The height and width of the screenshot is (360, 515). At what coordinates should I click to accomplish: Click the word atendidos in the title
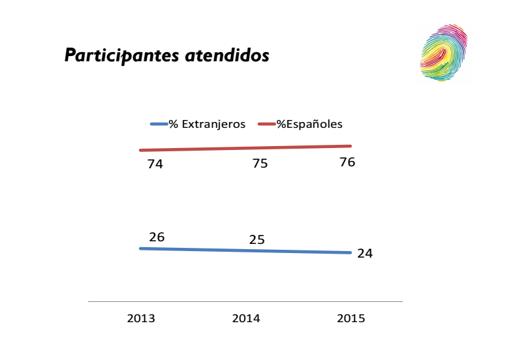pyautogui.click(x=227, y=56)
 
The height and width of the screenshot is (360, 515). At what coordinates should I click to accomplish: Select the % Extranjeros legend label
pyautogui.click(x=207, y=124)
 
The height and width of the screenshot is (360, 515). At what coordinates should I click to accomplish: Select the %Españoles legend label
pyautogui.click(x=309, y=124)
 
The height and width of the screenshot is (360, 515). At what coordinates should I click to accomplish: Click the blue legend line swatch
pyautogui.click(x=159, y=124)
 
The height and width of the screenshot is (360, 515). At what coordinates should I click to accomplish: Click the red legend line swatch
pyautogui.click(x=267, y=124)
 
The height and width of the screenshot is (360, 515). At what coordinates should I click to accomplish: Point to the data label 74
pyautogui.click(x=155, y=164)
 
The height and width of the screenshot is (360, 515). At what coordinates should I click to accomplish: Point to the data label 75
pyautogui.click(x=260, y=164)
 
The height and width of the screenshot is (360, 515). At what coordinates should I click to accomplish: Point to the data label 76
pyautogui.click(x=347, y=162)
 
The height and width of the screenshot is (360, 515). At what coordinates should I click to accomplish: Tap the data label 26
pyautogui.click(x=157, y=237)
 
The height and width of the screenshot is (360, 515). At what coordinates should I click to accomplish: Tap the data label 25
pyautogui.click(x=257, y=240)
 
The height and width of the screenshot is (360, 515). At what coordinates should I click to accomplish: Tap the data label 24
pyautogui.click(x=365, y=253)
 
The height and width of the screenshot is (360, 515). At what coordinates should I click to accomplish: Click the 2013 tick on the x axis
pyautogui.click(x=141, y=319)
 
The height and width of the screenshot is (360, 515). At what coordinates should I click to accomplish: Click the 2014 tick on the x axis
pyautogui.click(x=246, y=319)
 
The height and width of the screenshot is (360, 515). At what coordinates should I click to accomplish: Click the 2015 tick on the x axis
pyautogui.click(x=351, y=319)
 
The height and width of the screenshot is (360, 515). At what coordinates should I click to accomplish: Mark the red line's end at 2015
pyautogui.click(x=351, y=146)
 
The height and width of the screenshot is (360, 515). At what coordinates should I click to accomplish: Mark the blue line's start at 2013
pyautogui.click(x=141, y=248)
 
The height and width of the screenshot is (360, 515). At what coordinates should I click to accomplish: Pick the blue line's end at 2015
pyautogui.click(x=351, y=253)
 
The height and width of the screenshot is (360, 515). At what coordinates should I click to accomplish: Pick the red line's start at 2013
pyautogui.click(x=141, y=151)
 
